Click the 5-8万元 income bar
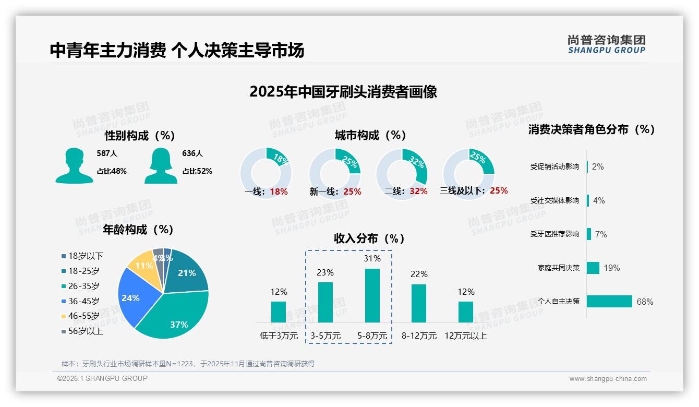[x=372, y=295]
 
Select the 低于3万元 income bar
[x=279, y=312]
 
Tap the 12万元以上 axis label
[x=466, y=336]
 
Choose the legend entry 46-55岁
[x=83, y=316]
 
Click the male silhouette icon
[x=75, y=165]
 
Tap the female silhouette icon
[x=161, y=165]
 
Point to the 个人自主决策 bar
[x=609, y=301]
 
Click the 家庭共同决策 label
[x=558, y=268]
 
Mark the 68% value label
[x=645, y=302]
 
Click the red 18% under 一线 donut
[x=279, y=191]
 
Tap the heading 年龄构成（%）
[x=138, y=230]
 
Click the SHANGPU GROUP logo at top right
[x=607, y=44]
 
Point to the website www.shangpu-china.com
[x=608, y=379]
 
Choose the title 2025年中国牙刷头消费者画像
[x=343, y=92]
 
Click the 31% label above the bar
[x=372, y=258]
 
